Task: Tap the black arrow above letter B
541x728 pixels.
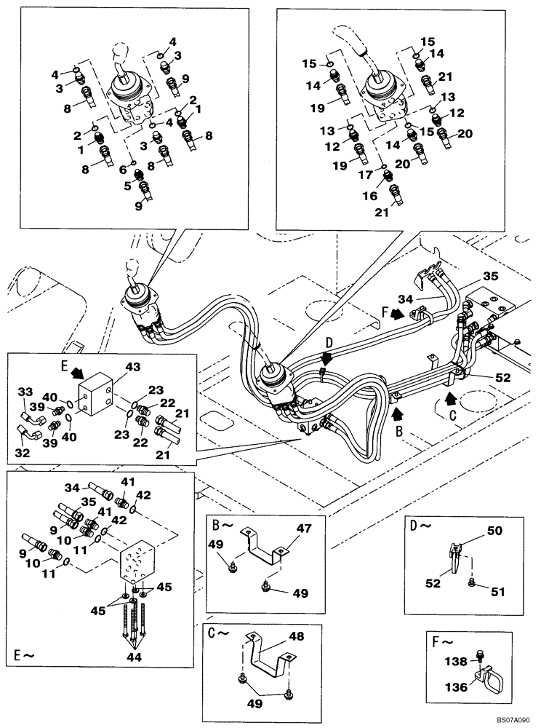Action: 397,415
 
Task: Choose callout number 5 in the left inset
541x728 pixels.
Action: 129,186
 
